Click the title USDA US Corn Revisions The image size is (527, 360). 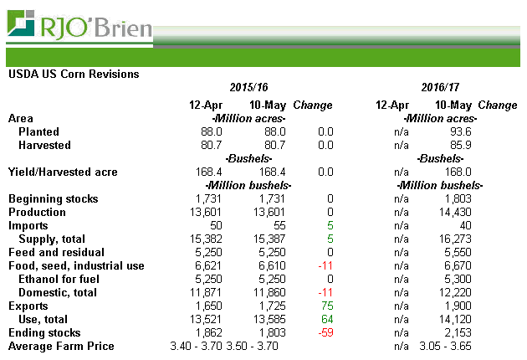(74, 74)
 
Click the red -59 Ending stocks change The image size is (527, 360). (325, 333)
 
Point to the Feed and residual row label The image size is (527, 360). (56, 253)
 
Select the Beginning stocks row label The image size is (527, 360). (53, 199)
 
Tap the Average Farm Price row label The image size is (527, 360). (60, 347)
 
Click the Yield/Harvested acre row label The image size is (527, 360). (63, 172)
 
